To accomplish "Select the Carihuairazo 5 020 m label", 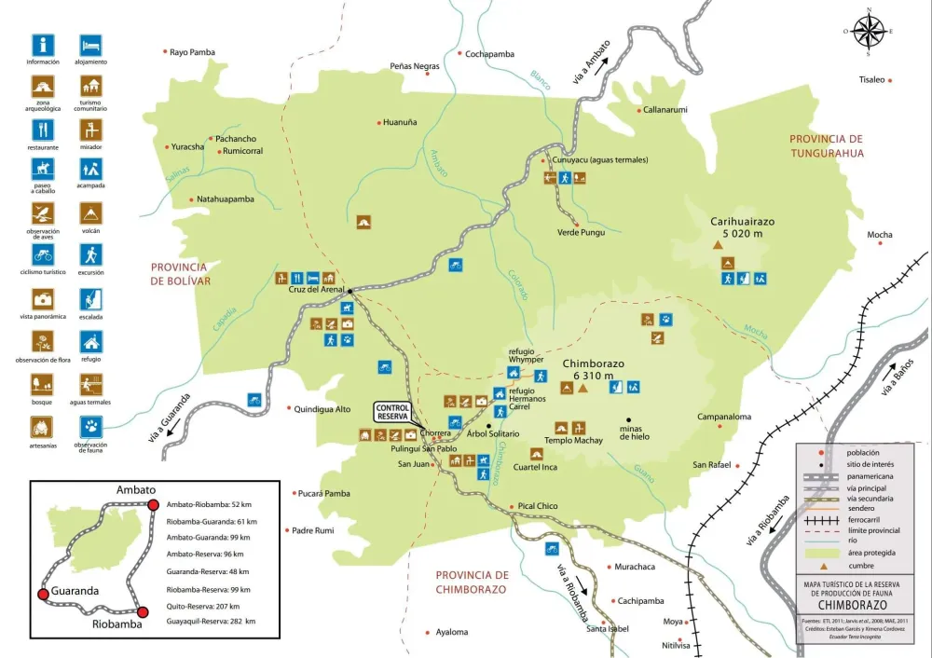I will [743, 227].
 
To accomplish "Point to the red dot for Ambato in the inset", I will [154, 505].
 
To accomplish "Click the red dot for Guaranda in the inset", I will [42, 594].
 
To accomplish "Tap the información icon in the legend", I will [43, 45].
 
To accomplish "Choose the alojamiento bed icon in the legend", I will [90, 45].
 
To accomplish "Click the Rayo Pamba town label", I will [193, 52].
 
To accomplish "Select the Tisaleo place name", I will [870, 80].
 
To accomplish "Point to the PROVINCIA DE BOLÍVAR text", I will [181, 273].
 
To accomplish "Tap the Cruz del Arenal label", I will [316, 289].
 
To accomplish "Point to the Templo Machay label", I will [573, 441].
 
